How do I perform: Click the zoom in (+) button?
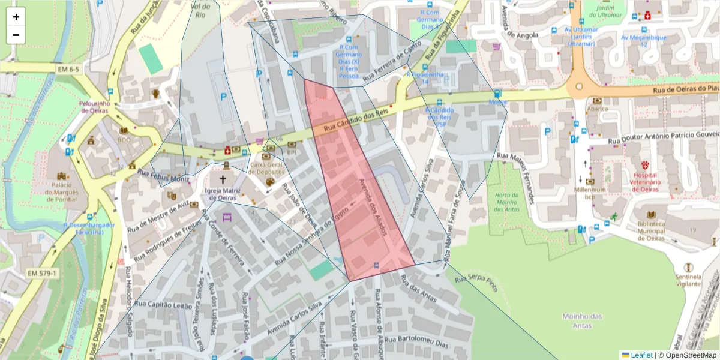(16, 17)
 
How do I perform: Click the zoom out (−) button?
(16, 35)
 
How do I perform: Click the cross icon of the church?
(223, 179)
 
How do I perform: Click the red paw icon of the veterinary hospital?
(646, 164)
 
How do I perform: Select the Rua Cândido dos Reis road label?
(356, 119)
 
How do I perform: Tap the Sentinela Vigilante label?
(688, 281)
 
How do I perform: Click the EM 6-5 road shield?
(69, 70)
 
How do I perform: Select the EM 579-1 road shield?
(42, 274)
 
